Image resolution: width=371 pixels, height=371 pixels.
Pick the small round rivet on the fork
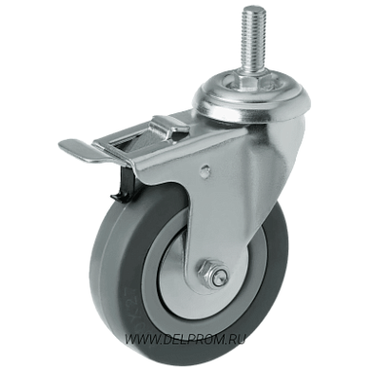(206, 170)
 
